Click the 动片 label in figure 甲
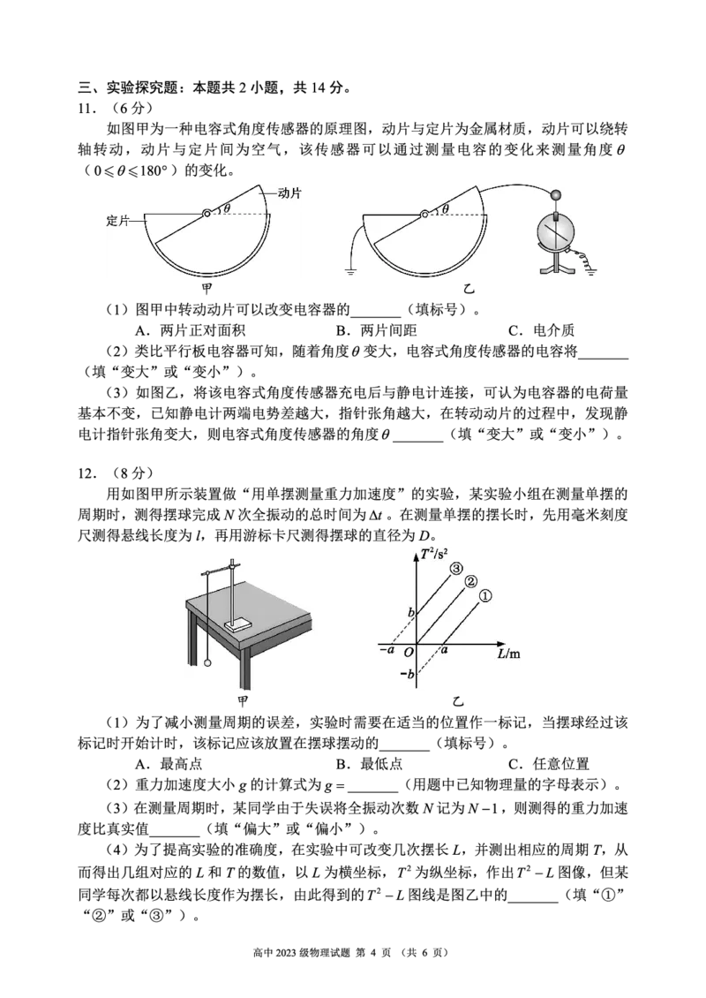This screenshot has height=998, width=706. pos(289,193)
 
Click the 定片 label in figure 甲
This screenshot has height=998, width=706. pos(117,220)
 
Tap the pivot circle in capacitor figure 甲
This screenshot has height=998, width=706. pos(207,214)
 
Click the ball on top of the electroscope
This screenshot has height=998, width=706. pos(554,196)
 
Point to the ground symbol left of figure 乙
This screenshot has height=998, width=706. pos(350,273)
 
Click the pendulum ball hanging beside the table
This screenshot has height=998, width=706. pos(207,664)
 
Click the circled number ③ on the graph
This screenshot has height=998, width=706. pos(456,569)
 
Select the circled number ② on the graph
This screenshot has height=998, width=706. pos(470,581)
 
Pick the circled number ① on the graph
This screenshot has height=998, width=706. pos(485,596)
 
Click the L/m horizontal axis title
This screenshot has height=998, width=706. pos(509,653)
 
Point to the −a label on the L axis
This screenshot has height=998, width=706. pos(387,650)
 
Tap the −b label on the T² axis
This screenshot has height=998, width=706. pos(407,673)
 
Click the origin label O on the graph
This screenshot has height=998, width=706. pos(409,652)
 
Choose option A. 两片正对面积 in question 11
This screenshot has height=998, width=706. pos(190,330)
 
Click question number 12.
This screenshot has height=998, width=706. pos(87,473)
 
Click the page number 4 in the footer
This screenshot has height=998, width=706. pos(372,953)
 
